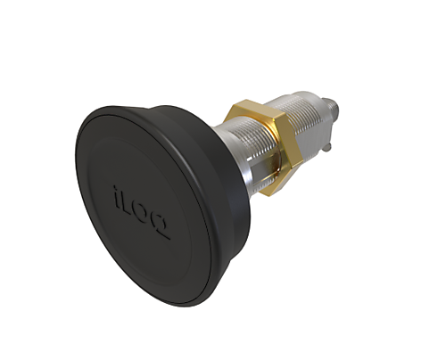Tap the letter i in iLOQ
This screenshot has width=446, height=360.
coord(119,190)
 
